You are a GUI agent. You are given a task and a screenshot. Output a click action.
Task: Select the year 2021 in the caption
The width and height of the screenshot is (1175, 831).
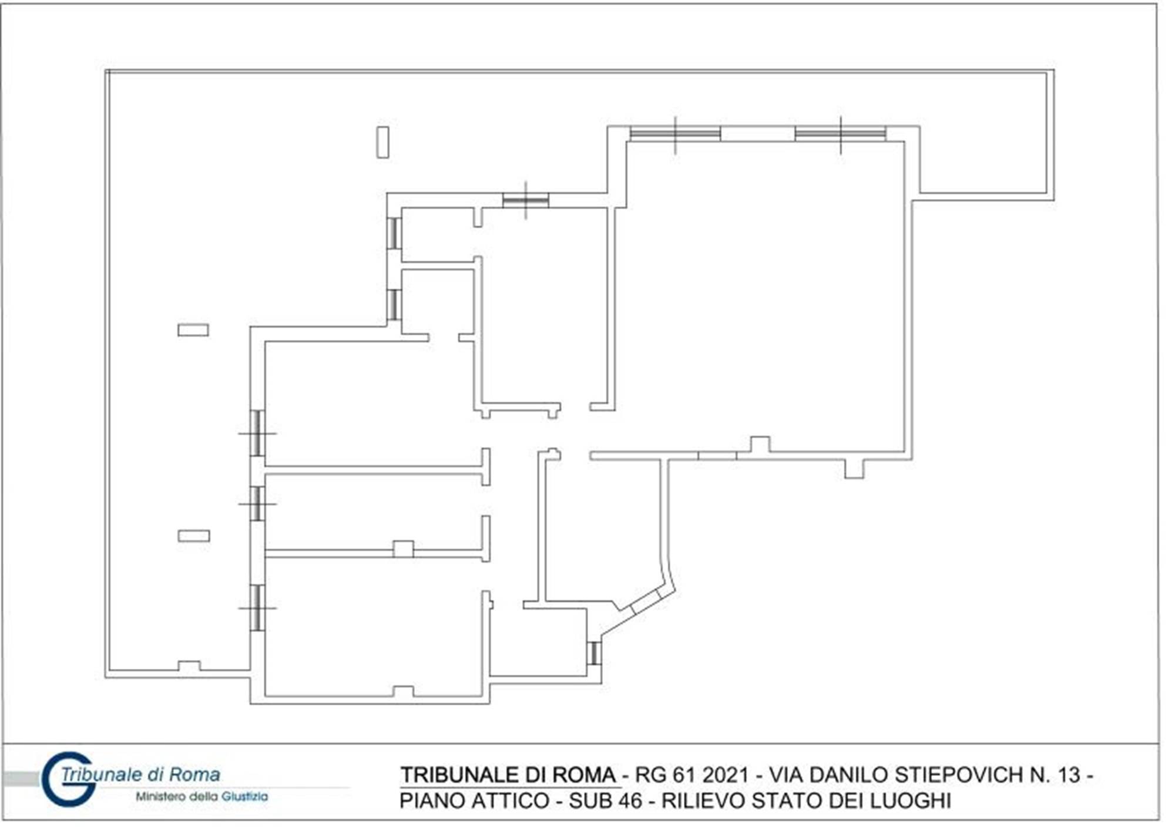click(725, 775)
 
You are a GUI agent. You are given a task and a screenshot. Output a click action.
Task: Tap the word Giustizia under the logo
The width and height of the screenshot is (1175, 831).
click(245, 797)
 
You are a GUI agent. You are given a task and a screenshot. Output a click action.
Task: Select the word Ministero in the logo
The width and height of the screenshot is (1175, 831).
click(160, 797)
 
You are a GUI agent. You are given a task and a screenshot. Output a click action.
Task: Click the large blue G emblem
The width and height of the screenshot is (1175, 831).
click(66, 779)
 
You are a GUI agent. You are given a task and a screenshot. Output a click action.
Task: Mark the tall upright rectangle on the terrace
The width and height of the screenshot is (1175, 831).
click(382, 142)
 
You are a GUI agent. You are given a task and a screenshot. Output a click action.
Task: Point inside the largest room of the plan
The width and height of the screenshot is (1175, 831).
click(758, 294)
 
